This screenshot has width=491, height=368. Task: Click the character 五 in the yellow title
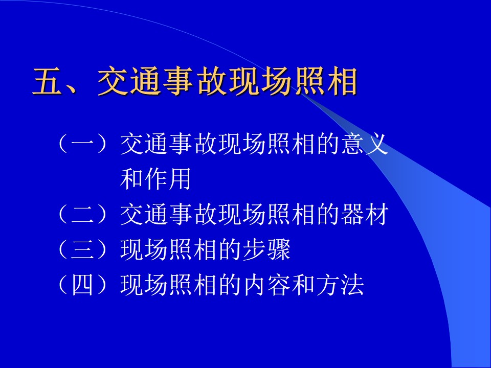(48, 81)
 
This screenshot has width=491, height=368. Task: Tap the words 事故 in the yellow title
(194, 81)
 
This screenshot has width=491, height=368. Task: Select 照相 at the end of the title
(326, 81)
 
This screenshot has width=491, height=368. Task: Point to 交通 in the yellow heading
(129, 81)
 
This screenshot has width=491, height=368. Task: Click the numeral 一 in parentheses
(83, 144)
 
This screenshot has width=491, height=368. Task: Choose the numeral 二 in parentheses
(83, 214)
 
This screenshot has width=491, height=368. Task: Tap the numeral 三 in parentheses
(83, 249)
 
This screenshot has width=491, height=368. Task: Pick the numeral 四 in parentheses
(83, 285)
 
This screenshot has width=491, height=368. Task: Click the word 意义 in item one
(365, 144)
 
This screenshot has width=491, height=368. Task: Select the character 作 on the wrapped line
(155, 179)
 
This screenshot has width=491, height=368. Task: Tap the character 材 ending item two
(377, 214)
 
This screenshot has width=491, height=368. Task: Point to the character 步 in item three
(254, 249)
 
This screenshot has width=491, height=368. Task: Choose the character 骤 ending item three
(279, 249)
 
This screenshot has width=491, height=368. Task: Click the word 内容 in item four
(266, 285)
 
